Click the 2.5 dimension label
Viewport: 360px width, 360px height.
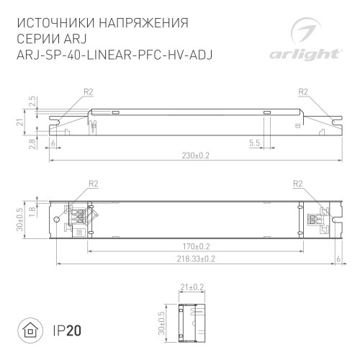click(x=32, y=100)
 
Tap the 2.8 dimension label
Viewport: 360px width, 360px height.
click(x=32, y=145)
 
